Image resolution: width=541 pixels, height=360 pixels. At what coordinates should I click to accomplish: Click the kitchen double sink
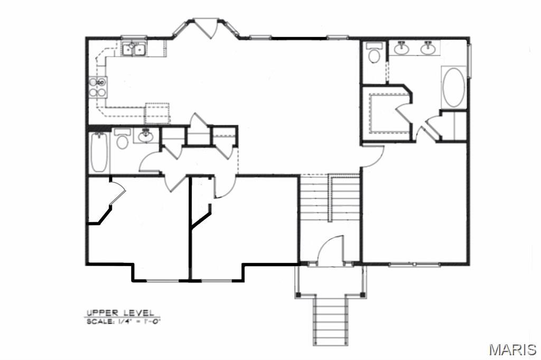point(134,50)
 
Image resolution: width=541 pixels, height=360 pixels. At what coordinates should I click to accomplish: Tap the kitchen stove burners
point(98,87)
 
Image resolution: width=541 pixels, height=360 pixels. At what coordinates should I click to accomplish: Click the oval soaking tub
point(453,88)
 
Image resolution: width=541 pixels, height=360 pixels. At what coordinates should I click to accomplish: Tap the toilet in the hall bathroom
point(122,140)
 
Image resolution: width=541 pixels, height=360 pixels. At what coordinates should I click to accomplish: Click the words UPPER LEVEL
point(120,312)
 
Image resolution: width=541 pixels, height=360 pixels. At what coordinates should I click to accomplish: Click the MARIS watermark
point(512,349)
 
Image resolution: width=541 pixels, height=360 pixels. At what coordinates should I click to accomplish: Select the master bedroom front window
point(414,264)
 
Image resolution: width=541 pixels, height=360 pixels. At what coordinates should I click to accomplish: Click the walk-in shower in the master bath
point(385,113)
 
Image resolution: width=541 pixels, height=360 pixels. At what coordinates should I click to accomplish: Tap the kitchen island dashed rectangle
point(157,112)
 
